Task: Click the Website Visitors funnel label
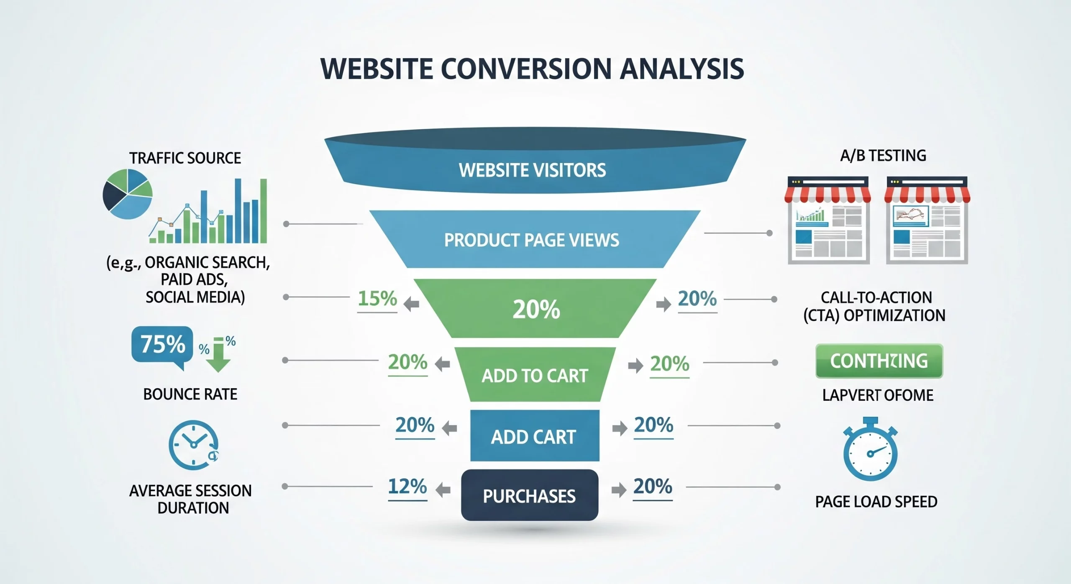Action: pos(532,170)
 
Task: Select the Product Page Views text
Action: pos(531,240)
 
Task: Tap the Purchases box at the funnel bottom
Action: pos(529,496)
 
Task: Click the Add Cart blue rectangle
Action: pos(534,436)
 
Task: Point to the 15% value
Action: pos(377,299)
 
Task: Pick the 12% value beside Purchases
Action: pos(407,487)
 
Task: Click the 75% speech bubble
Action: pos(162,345)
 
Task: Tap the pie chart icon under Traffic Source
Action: pos(128,194)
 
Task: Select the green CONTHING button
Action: pos(879,361)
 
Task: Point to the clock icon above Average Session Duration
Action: pos(193,445)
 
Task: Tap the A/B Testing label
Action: pos(883,156)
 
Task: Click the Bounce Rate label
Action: pos(190,394)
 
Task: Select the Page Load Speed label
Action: pos(876,502)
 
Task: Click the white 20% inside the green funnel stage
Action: pos(536,310)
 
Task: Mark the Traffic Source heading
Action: pos(185,158)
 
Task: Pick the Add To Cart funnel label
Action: pos(535,376)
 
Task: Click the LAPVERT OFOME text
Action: pos(877,395)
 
